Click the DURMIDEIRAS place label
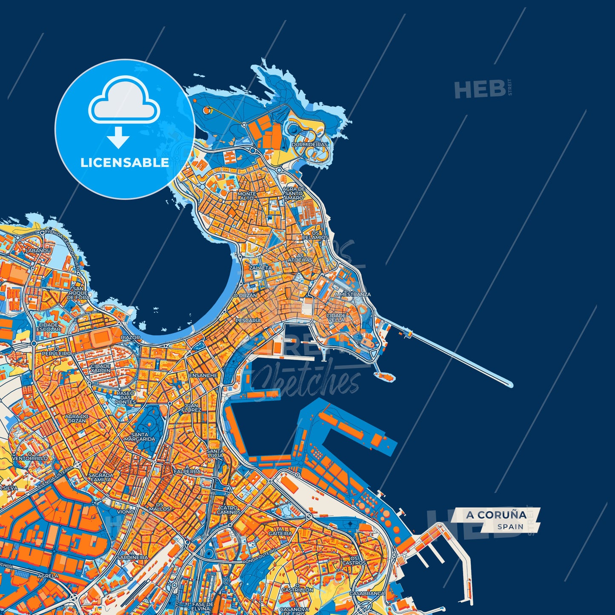[310, 145]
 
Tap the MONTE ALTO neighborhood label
[247, 196]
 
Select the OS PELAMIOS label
[315, 235]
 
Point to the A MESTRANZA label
[352, 294]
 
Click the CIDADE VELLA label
[336, 318]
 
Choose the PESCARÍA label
[248, 320]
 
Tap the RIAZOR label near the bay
[130, 337]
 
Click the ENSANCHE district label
[203, 375]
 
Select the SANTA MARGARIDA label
[140, 437]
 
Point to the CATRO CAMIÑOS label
[229, 510]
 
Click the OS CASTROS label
[354, 560]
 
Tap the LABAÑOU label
[38, 251]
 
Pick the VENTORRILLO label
[30, 458]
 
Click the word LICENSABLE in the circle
[125, 163]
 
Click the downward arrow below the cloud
[118, 137]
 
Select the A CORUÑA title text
[496, 515]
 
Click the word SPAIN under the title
[510, 526]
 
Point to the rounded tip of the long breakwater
[510, 385]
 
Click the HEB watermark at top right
[480, 90]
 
